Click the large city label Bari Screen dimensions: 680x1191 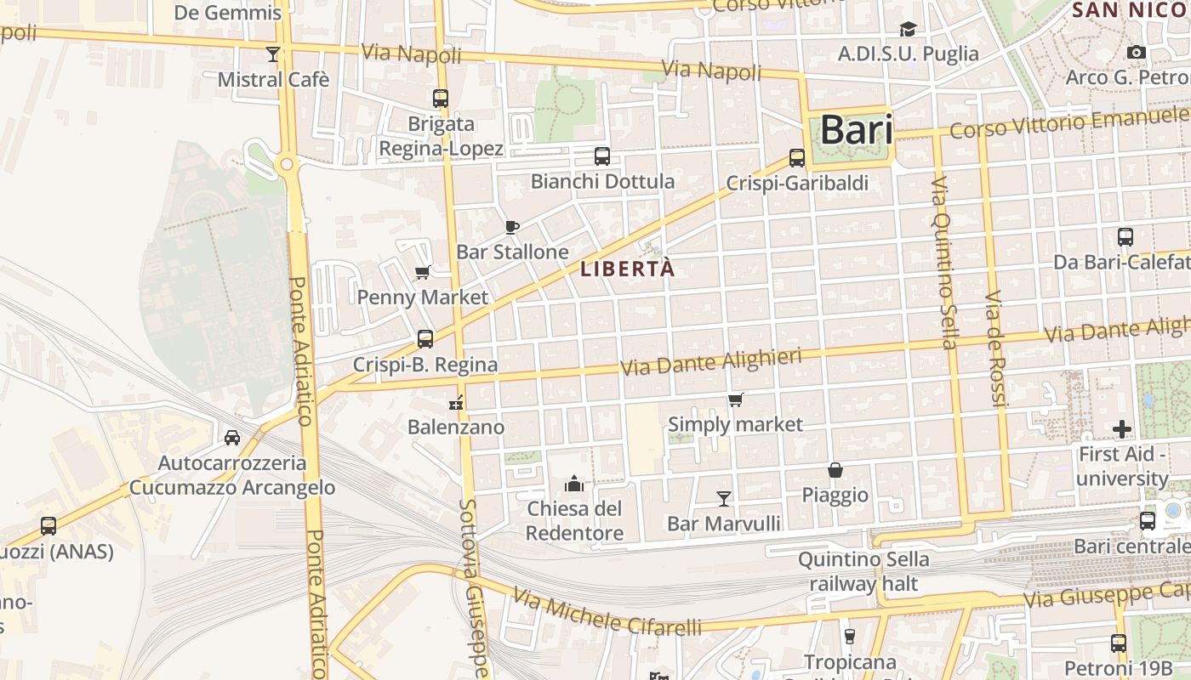(x=857, y=130)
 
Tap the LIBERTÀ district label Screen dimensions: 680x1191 (x=627, y=269)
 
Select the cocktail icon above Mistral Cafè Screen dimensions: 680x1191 (x=273, y=54)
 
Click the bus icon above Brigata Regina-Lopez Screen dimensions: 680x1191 (x=441, y=99)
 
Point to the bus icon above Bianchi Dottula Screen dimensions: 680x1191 (x=602, y=156)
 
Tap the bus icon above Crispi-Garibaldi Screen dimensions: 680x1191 (x=797, y=158)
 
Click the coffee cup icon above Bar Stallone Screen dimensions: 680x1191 (x=512, y=227)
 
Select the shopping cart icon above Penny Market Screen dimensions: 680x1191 (x=422, y=273)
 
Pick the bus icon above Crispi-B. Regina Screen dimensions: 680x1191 (x=425, y=339)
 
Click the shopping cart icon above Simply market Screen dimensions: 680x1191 (x=736, y=399)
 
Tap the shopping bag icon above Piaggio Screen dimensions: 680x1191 (x=835, y=470)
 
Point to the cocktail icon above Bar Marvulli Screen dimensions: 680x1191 (x=724, y=498)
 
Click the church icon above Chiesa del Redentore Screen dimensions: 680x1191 (x=574, y=484)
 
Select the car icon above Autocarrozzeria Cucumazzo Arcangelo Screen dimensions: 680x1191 (x=232, y=438)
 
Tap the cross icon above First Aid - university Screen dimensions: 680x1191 (x=1122, y=429)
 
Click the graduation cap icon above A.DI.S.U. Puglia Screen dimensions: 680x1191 (x=909, y=30)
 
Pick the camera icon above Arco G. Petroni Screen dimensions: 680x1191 (x=1136, y=53)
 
